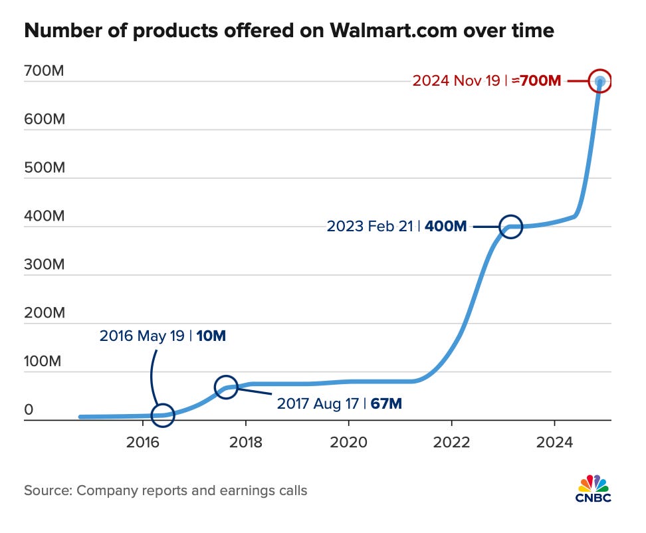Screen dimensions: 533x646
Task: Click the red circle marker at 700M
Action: [x=599, y=81]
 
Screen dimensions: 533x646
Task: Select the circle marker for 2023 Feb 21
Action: [x=510, y=227]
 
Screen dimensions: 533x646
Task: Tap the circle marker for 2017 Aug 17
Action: [x=226, y=387]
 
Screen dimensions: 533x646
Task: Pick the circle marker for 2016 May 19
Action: [x=163, y=415]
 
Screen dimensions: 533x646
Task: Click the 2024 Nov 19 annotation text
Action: [x=486, y=81]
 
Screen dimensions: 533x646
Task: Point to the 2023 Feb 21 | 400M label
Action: [x=397, y=227]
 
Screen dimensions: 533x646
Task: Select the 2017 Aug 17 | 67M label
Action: [x=339, y=403]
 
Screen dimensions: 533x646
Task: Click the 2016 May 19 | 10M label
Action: [x=163, y=336]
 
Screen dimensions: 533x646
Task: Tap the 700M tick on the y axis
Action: [x=44, y=70]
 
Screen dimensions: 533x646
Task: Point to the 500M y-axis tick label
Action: [x=44, y=167]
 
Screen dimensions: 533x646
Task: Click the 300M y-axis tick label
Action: [x=44, y=265]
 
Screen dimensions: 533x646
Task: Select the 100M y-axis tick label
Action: [x=44, y=362]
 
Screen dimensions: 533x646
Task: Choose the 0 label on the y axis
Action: [x=29, y=410]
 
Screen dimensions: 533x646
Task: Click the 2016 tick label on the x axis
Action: [x=143, y=442]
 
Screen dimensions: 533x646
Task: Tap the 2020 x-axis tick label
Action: [x=348, y=442]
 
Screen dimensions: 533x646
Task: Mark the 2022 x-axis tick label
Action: [x=451, y=442]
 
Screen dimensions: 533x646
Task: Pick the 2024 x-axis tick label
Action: [x=554, y=442]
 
